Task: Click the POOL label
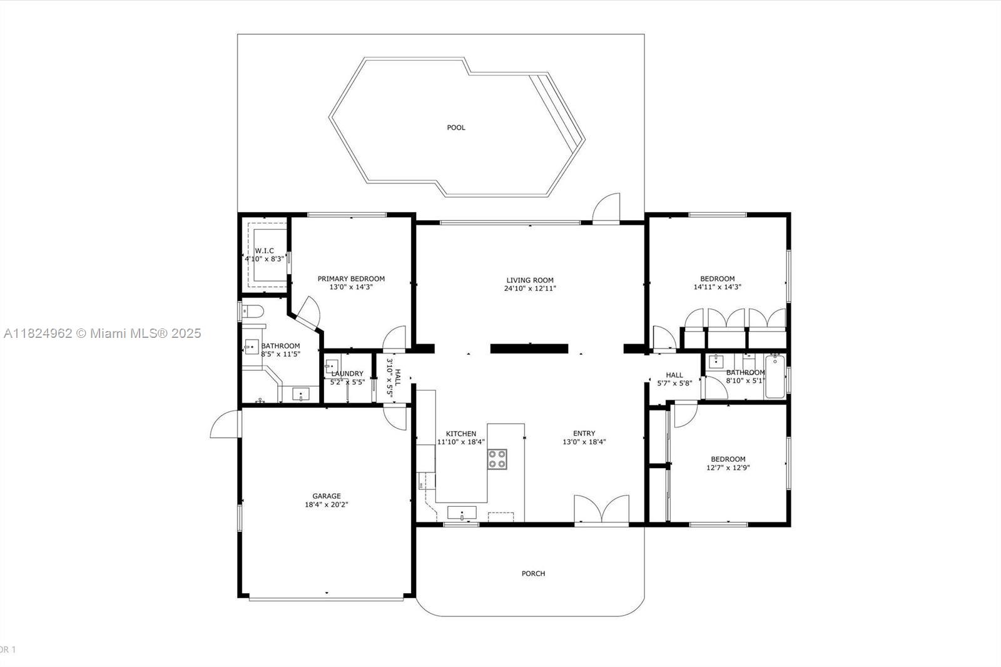pos(456,128)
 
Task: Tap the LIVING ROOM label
pos(529,280)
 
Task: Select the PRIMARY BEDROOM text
pos(351,278)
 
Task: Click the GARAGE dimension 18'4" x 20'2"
pos(326,505)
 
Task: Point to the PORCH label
pos(533,574)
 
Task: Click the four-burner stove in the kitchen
pos(497,459)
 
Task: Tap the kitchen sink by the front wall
pos(462,513)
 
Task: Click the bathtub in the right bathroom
pos(775,377)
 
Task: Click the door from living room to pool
pos(606,208)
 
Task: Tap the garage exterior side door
pos(226,424)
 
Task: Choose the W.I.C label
pos(264,251)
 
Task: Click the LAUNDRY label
pos(347,374)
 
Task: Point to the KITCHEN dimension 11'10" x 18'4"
pos(460,442)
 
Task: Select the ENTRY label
pos(584,433)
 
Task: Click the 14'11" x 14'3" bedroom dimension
pos(717,287)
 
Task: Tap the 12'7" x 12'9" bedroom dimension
pos(728,467)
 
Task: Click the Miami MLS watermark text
pos(103,333)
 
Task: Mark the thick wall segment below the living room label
pos(529,349)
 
